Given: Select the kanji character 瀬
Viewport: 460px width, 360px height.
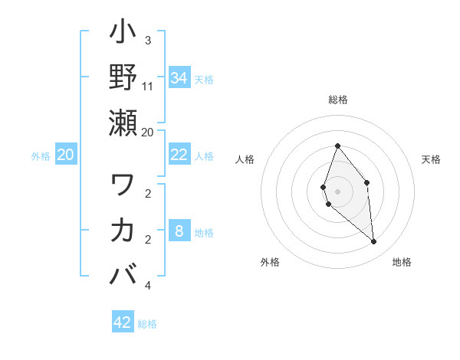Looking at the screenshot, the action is pyautogui.click(x=123, y=123).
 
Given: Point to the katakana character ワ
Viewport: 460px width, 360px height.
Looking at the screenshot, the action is pyautogui.click(x=123, y=185).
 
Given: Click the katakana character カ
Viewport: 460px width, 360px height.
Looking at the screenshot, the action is pyautogui.click(x=123, y=230).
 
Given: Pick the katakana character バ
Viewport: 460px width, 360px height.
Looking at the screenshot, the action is pyautogui.click(x=123, y=274).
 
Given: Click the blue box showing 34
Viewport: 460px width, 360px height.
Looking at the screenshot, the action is pyautogui.click(x=179, y=78).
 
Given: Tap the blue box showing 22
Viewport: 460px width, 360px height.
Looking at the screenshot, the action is pyautogui.click(x=179, y=155).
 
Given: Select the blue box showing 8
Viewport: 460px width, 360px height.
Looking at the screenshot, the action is pyautogui.click(x=179, y=231).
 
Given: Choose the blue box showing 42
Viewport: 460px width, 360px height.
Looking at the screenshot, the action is pyautogui.click(x=123, y=322).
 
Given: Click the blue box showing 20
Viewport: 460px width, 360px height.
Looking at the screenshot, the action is pyautogui.click(x=66, y=155).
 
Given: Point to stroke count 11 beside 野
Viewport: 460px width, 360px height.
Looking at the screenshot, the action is pyautogui.click(x=149, y=87).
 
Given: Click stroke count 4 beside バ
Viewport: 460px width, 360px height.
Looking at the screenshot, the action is pyautogui.click(x=147, y=286).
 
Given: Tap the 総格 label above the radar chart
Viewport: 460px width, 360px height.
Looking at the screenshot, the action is pyautogui.click(x=338, y=100).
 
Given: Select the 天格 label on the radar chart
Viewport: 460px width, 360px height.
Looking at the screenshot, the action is pyautogui.click(x=431, y=159).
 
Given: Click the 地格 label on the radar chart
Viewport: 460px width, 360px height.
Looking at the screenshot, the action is pyautogui.click(x=402, y=262).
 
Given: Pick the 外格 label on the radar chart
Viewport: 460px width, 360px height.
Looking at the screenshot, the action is pyautogui.click(x=270, y=262).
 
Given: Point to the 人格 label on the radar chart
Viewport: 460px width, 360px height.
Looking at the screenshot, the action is pyautogui.click(x=245, y=159).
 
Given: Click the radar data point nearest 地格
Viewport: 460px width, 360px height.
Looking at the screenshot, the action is pyautogui.click(x=374, y=242).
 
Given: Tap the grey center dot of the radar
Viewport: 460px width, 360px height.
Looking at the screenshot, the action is pyautogui.click(x=338, y=191).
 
